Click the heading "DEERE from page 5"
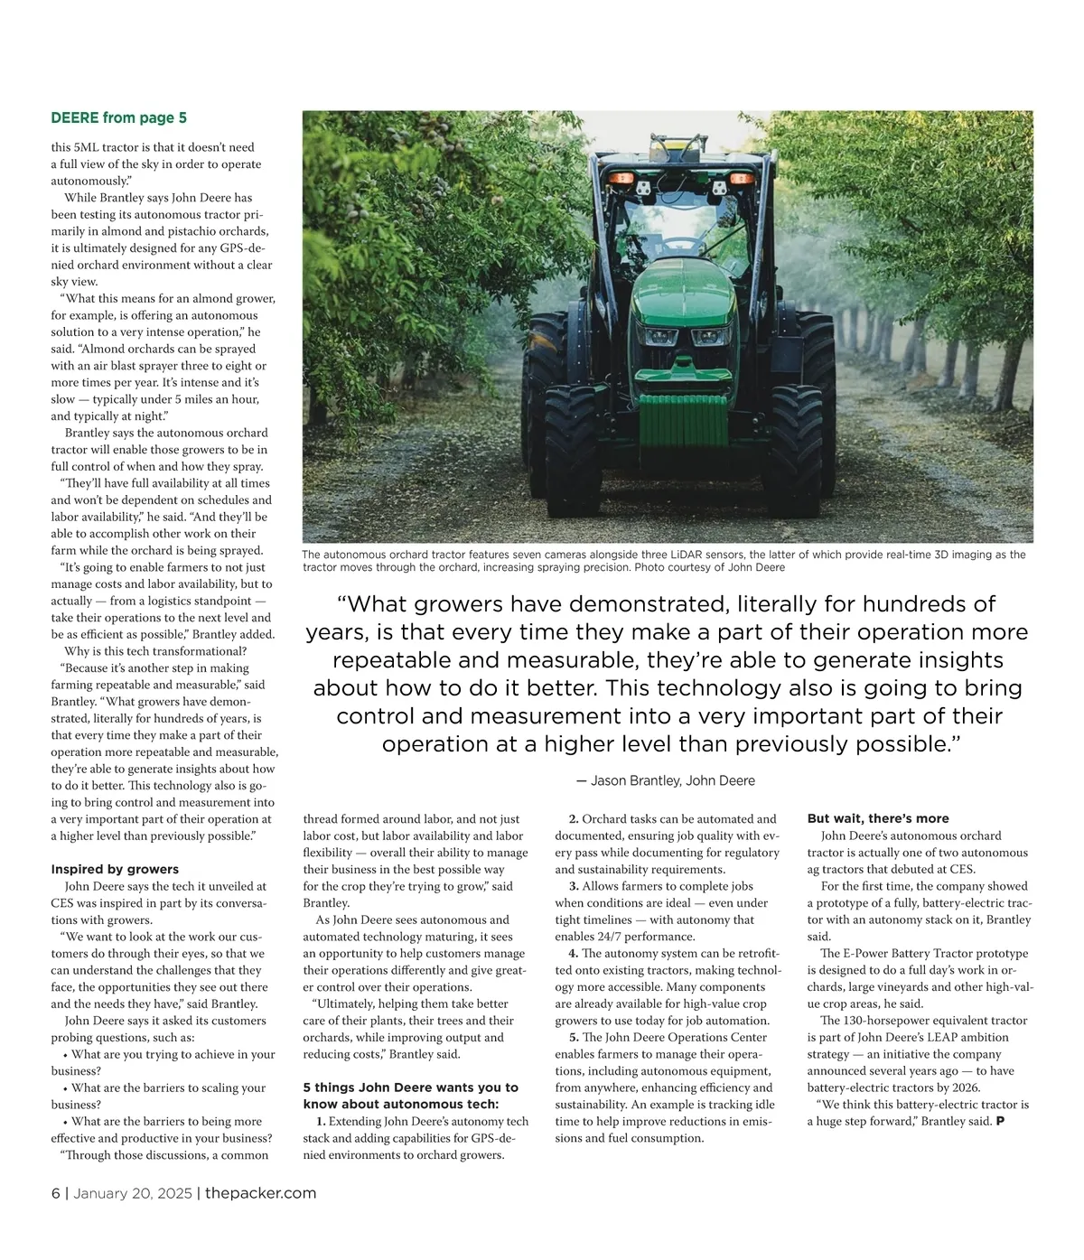(x=118, y=117)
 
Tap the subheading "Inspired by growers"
(x=115, y=869)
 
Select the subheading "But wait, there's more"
(x=878, y=818)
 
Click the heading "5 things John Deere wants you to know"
(x=410, y=1095)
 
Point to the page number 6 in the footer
(x=55, y=1193)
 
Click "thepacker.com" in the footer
(x=260, y=1193)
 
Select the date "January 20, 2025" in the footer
(x=132, y=1193)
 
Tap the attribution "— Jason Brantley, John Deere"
(x=665, y=780)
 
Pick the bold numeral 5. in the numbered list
(x=574, y=1037)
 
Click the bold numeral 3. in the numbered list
(x=574, y=886)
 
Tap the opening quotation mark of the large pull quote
(x=341, y=604)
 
